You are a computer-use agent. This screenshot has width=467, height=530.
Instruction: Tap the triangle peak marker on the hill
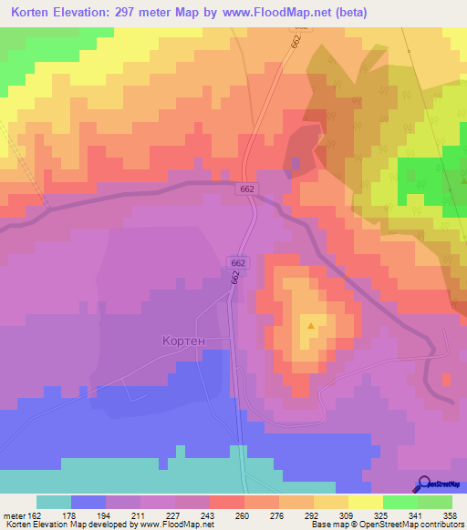[312, 325]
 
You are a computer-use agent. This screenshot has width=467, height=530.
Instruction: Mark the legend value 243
[209, 515]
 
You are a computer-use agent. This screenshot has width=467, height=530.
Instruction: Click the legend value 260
[243, 515]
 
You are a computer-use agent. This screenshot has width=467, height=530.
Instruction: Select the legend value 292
[312, 515]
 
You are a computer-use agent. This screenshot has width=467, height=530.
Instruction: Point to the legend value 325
[381, 515]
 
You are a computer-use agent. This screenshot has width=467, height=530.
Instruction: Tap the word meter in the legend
[13, 515]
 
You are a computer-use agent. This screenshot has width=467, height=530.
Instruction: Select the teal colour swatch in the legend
[54, 502]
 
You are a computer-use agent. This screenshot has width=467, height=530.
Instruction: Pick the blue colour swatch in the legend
[88, 502]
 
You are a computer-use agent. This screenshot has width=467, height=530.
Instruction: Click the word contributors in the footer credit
[439, 525]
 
